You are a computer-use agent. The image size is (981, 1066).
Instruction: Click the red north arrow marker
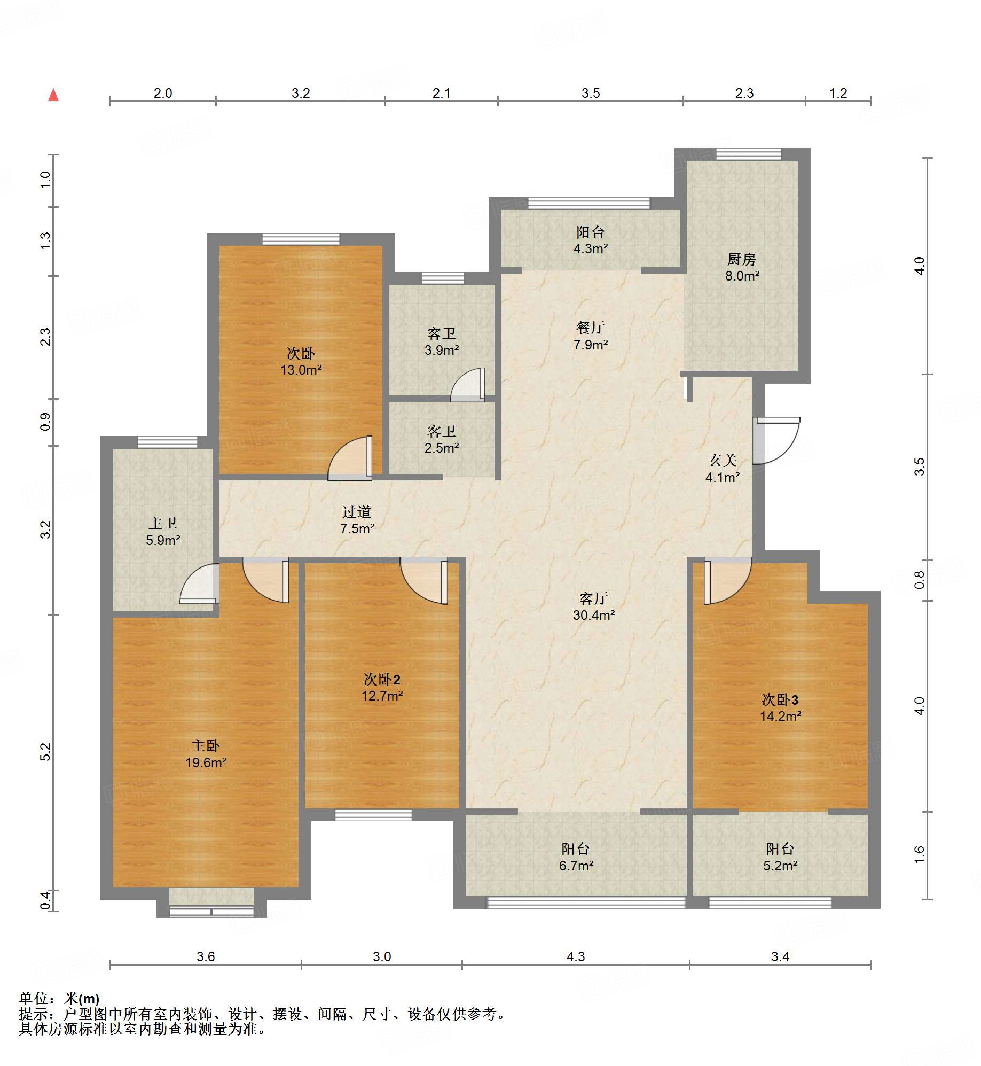point(53,95)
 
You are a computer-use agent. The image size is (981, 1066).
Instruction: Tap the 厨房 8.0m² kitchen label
point(742,267)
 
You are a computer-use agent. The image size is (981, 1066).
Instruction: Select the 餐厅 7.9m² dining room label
point(591,336)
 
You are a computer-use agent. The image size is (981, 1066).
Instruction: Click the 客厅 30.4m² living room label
point(594,606)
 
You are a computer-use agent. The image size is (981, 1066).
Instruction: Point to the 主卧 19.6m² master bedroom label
point(206,754)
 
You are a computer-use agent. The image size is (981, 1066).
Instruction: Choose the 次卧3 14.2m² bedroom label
point(780,708)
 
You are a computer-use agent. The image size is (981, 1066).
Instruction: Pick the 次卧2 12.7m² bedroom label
point(382,688)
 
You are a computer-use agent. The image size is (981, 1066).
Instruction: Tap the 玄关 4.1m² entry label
point(723,469)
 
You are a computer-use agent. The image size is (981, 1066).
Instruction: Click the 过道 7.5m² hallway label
point(357,520)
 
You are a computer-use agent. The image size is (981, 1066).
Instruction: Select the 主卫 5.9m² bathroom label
point(163,532)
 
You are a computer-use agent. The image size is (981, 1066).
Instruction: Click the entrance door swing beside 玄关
point(777,440)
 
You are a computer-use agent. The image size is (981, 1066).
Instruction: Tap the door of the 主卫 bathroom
point(199,583)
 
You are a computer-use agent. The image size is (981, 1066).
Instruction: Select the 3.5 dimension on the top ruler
point(591,93)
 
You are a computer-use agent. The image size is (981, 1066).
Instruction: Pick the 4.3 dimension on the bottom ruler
point(576,956)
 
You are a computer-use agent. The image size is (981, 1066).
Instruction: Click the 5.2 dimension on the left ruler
point(45,752)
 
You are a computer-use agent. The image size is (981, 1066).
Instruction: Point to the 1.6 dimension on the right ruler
point(919,854)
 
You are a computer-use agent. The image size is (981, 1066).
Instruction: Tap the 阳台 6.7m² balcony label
point(576,857)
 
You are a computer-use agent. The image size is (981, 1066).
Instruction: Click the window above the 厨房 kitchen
point(749,154)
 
